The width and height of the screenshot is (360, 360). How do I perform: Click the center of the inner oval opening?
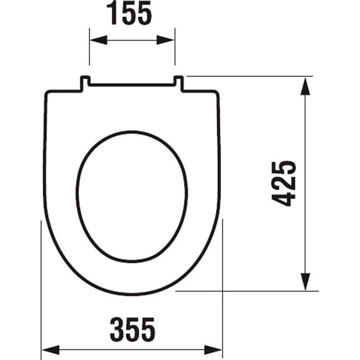click(x=132, y=196)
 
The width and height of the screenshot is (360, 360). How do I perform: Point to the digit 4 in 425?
click(x=284, y=198)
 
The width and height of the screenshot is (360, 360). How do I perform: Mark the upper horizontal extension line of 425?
click(x=248, y=76)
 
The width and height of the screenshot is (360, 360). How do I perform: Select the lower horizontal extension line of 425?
click(x=248, y=290)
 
